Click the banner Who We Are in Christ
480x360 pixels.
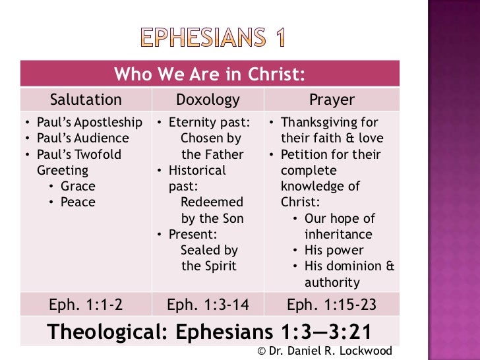pos(210,75)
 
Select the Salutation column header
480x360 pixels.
pos(86,100)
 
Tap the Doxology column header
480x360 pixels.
pos(208,100)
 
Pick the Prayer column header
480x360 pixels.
pos(332,100)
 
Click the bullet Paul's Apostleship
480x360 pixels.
pos(88,123)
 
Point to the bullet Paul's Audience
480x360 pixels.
pos(82,138)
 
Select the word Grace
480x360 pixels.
pos(78,187)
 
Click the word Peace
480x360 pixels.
pos(78,202)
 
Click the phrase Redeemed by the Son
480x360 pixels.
pos(212,210)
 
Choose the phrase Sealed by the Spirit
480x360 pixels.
pos(209,258)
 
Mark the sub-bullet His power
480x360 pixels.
pos(334,251)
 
